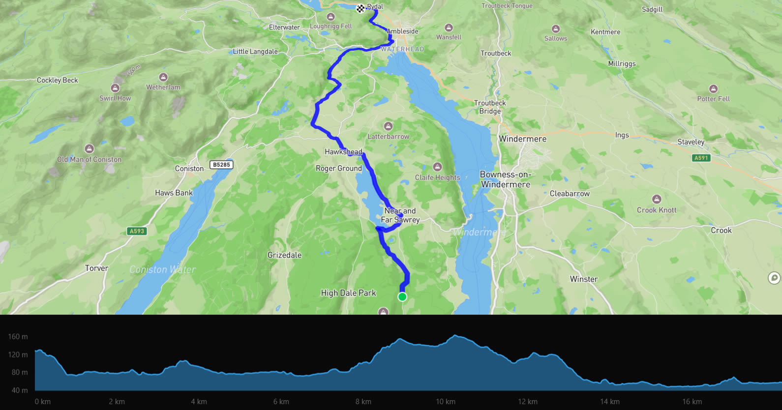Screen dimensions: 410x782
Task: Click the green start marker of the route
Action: [x=402, y=296]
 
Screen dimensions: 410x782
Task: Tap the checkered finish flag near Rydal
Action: [x=361, y=8]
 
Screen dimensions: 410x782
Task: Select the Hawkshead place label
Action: [x=343, y=152]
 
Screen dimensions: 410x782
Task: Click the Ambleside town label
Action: [x=402, y=31]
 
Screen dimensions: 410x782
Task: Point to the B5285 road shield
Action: [x=221, y=165]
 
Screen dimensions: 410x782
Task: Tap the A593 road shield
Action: [x=137, y=231]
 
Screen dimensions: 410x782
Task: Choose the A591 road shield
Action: [x=701, y=158]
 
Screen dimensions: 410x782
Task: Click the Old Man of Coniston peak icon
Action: [x=89, y=148]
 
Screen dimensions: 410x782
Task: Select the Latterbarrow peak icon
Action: [x=388, y=126]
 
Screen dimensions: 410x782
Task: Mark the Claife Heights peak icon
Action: [x=437, y=167]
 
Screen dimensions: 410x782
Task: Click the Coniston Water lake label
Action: [x=162, y=269]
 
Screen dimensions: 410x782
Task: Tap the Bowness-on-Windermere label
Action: [x=506, y=179]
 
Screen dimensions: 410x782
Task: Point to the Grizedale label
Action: [x=284, y=255]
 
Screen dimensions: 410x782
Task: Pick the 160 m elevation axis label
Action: [x=18, y=337]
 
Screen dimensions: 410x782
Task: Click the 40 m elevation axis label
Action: [x=20, y=390]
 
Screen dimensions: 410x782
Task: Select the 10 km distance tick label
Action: [x=446, y=402]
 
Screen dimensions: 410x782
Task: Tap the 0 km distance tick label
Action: [x=43, y=402]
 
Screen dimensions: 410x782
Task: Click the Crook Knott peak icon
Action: [x=656, y=199]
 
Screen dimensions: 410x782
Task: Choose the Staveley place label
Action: [x=691, y=142]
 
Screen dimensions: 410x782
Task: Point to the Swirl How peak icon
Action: [x=115, y=88]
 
